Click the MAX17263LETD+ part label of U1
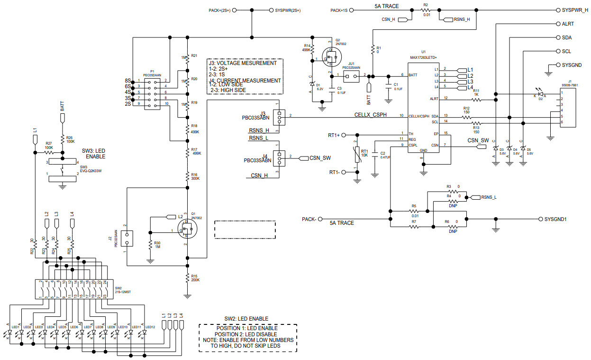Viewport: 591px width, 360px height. (x=423, y=57)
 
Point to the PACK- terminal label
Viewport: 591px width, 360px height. (x=309, y=219)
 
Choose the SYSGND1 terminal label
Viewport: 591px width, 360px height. (x=555, y=219)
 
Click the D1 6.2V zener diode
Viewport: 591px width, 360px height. (x=312, y=85)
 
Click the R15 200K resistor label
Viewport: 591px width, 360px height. (x=195, y=278)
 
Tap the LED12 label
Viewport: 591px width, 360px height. (x=150, y=327)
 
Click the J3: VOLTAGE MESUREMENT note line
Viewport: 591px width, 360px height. (x=242, y=63)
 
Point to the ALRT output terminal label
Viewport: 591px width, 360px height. (x=568, y=24)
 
